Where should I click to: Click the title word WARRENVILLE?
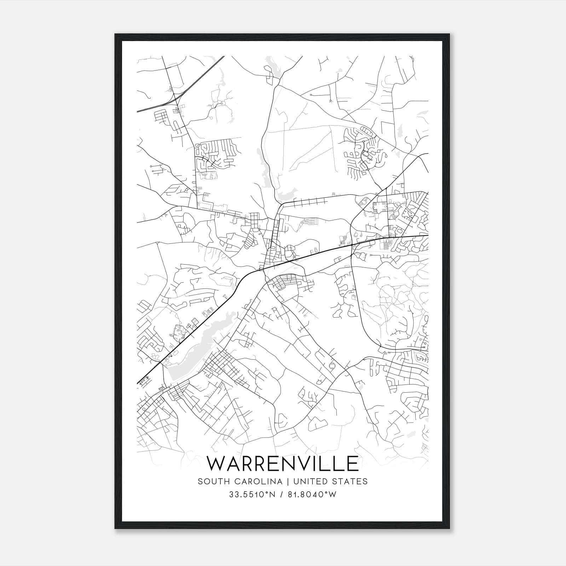(x=282, y=463)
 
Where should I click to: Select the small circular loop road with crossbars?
(x=331, y=366)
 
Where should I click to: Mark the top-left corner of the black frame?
(x=115, y=34)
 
